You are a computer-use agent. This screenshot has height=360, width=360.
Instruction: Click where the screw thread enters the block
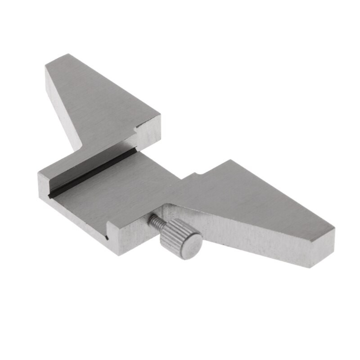click(x=150, y=217)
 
